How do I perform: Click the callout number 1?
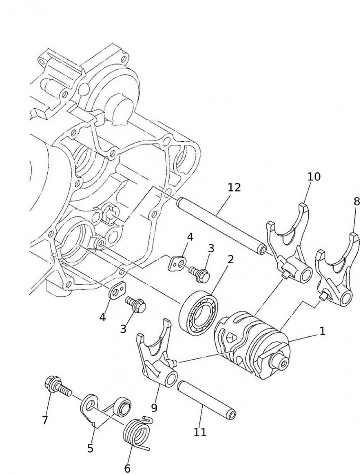click(323, 331)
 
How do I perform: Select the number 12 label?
click(234, 187)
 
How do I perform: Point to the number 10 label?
click(314, 176)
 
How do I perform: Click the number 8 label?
click(356, 201)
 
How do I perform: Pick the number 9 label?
click(154, 407)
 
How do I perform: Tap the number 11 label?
click(200, 432)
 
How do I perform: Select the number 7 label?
click(45, 420)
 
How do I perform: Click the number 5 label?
click(90, 447)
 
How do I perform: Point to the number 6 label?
click(127, 468)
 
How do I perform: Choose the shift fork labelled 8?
click(337, 270)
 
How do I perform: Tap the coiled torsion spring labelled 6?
click(137, 431)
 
